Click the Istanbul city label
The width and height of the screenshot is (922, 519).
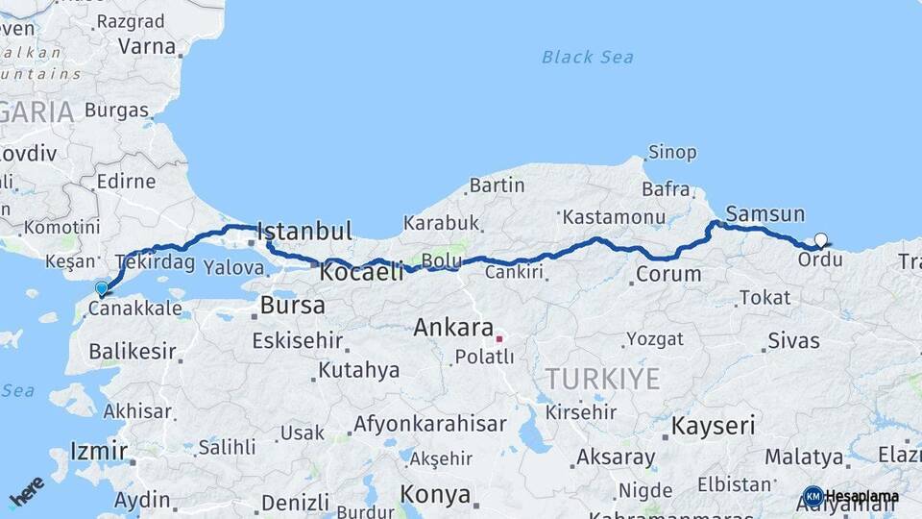pos(305,232)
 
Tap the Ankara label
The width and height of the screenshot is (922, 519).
pos(453,328)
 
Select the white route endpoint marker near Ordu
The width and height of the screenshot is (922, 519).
pos(820,240)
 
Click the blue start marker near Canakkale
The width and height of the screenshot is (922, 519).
pos(102,287)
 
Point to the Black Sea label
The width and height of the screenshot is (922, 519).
pos(587,58)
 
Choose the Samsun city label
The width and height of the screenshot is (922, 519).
pos(765,214)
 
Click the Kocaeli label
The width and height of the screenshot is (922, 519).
pos(361,272)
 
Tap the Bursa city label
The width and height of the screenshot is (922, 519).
pos(292,307)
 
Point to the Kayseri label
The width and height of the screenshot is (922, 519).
pos(713,426)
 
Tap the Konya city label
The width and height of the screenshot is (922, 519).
pos(435,495)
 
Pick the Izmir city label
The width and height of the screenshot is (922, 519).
pos(99,451)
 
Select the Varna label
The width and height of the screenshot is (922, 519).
pos(147,46)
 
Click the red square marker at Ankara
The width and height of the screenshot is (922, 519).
pos(499,338)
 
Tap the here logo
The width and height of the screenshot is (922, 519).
pos(27,491)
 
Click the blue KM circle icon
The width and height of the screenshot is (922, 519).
pos(813,497)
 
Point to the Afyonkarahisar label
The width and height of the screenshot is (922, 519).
pos(429,424)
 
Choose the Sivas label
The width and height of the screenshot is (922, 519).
pos(794,340)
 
